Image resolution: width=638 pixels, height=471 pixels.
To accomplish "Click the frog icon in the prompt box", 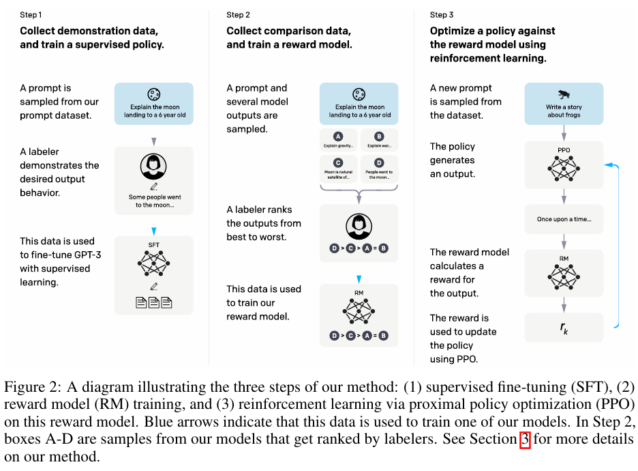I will pyautogui.click(x=564, y=94).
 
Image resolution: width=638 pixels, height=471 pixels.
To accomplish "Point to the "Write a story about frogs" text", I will pyautogui.click(x=564, y=111).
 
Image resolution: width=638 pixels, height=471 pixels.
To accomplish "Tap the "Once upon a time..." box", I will pyautogui.click(x=564, y=219).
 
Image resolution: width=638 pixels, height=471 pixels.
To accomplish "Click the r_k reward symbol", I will pyautogui.click(x=564, y=328).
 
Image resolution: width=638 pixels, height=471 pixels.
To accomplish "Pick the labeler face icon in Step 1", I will pyautogui.click(x=154, y=167).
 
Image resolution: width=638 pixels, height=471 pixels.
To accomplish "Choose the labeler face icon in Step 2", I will pyautogui.click(x=359, y=225).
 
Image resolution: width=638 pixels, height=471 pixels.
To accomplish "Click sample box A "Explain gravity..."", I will pyautogui.click(x=338, y=141).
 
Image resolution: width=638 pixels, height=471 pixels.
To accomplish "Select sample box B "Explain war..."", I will pyautogui.click(x=379, y=141).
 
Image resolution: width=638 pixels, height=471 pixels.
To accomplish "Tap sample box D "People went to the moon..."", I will pyautogui.click(x=379, y=169).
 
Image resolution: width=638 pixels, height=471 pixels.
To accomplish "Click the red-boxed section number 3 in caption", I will pyautogui.click(x=525, y=439).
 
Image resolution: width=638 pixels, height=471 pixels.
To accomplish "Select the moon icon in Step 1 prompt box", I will pyautogui.click(x=154, y=94).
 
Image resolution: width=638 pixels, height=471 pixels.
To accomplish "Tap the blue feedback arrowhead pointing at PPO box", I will pyautogui.click(x=607, y=165).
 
